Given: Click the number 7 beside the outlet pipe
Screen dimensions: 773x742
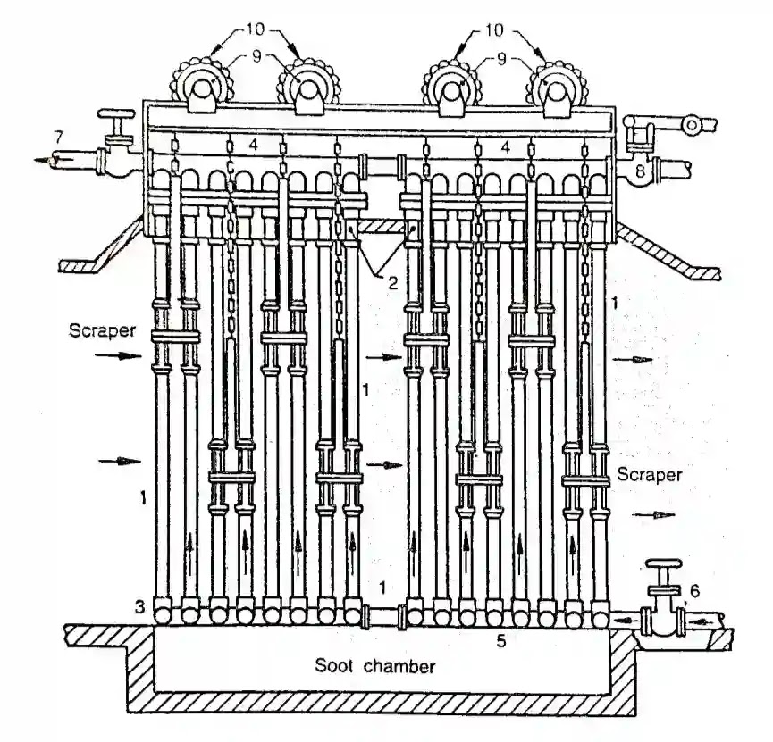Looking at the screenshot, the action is pyautogui.click(x=59, y=136).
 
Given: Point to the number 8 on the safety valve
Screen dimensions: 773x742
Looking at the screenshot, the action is pyautogui.click(x=640, y=171).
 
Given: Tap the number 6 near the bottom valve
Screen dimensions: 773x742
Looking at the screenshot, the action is pyautogui.click(x=694, y=590).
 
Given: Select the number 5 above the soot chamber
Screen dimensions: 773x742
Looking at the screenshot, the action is pyautogui.click(x=500, y=641).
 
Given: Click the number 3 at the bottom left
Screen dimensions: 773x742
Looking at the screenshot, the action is pyautogui.click(x=140, y=607).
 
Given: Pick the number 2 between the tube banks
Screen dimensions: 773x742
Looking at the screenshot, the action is pyautogui.click(x=393, y=283).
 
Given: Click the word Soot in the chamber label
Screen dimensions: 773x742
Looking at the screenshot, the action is pyautogui.click(x=333, y=665).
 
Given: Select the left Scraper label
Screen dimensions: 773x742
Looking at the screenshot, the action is pyautogui.click(x=102, y=329).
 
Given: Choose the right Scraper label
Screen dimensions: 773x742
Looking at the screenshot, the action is pyautogui.click(x=650, y=474).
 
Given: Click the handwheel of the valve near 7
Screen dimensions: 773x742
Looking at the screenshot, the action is pyautogui.click(x=116, y=114).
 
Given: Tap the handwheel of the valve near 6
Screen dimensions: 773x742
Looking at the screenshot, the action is pyautogui.click(x=664, y=564).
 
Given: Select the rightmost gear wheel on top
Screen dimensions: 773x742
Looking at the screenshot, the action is pyautogui.click(x=557, y=85).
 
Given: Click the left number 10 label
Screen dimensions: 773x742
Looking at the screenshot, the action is pyautogui.click(x=255, y=30).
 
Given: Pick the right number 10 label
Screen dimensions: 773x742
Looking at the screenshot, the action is pyautogui.click(x=494, y=30).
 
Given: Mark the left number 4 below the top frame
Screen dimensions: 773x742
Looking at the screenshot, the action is pyautogui.click(x=253, y=145).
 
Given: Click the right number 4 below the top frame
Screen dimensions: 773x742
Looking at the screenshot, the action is pyautogui.click(x=505, y=146).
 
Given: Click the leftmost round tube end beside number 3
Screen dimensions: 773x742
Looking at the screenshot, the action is pyautogui.click(x=163, y=614).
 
